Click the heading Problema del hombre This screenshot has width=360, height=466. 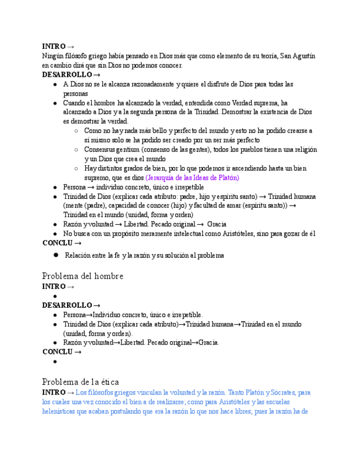coord(82,276)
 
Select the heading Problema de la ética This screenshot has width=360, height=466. coord(80,382)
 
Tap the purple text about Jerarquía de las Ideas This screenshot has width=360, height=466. coord(192,178)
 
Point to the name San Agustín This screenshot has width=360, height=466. coord(297,56)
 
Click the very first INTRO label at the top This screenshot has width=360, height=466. coord(54,46)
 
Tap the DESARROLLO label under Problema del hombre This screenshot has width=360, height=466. coord(67,305)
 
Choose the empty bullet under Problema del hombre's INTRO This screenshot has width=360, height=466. coord(56,296)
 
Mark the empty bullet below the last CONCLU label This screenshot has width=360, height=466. coord(56,362)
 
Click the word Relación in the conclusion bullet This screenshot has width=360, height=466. coord(79,256)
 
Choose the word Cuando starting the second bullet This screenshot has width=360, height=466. coord(74,103)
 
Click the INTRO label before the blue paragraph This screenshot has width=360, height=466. coord(54,392)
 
